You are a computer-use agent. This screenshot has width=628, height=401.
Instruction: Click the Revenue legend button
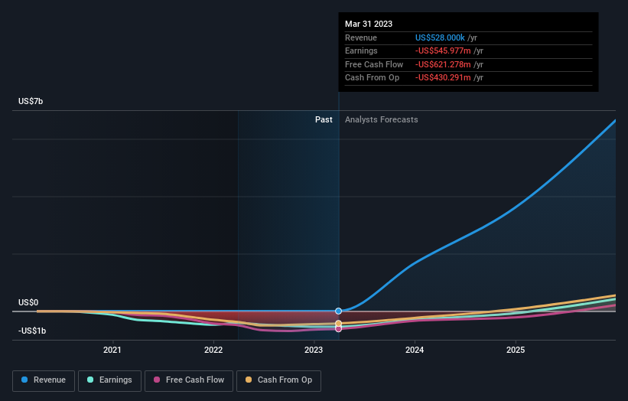pyautogui.click(x=44, y=380)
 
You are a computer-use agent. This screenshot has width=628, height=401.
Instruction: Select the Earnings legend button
pyautogui.click(x=109, y=380)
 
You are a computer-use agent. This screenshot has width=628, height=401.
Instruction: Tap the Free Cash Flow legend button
pyautogui.click(x=188, y=380)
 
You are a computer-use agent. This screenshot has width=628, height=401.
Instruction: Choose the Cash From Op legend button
pyautogui.click(x=279, y=380)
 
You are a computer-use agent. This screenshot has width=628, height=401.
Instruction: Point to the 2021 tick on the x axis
pyautogui.click(x=112, y=350)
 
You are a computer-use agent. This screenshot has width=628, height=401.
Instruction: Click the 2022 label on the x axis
pyautogui.click(x=213, y=350)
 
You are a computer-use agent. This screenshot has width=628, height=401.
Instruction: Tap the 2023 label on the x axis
pyautogui.click(x=314, y=350)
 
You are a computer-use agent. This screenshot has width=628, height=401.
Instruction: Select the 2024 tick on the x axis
pyautogui.click(x=415, y=350)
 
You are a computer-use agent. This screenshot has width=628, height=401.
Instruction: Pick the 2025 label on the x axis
pyautogui.click(x=516, y=350)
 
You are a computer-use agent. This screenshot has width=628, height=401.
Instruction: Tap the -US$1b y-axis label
pyautogui.click(x=32, y=331)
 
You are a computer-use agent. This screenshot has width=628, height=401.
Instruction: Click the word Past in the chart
pyautogui.click(x=324, y=119)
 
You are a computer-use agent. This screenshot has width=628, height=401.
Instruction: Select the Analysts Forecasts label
pyautogui.click(x=382, y=119)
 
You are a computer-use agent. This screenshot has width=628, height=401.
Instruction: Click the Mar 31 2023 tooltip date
pyautogui.click(x=369, y=24)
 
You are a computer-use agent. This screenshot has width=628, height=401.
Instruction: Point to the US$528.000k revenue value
pyautogui.click(x=440, y=37)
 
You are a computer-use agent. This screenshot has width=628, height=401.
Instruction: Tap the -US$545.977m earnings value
pyautogui.click(x=444, y=51)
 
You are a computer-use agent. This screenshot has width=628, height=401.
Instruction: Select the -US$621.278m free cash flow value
pyautogui.click(x=444, y=65)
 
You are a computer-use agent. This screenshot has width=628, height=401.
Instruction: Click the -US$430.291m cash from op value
pyautogui.click(x=444, y=78)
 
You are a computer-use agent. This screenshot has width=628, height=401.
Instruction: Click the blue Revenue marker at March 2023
pyautogui.click(x=338, y=311)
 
